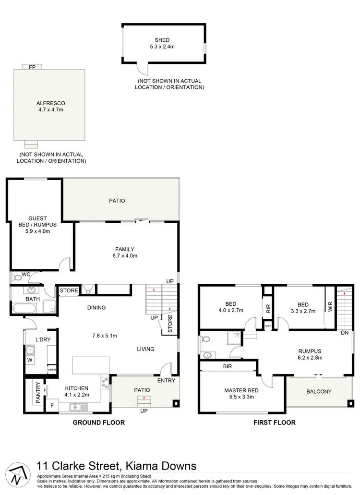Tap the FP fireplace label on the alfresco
33,67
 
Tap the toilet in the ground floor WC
17,278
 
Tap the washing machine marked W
29,360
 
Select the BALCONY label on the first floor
319,391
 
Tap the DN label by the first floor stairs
344,333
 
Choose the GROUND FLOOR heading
98,423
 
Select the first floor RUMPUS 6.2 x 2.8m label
309,354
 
